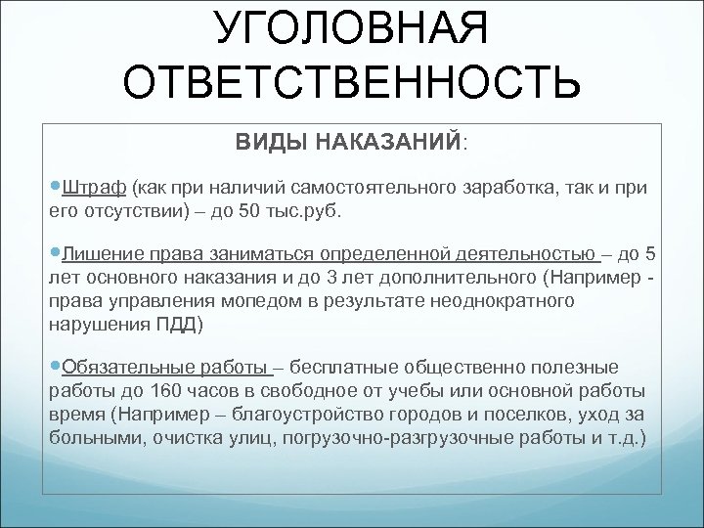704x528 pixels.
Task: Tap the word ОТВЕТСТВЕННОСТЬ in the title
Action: pos(352,85)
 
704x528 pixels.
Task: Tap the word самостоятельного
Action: pos(341,188)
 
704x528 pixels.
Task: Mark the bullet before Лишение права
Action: pos(54,256)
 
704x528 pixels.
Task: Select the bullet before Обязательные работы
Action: pos(54,367)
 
